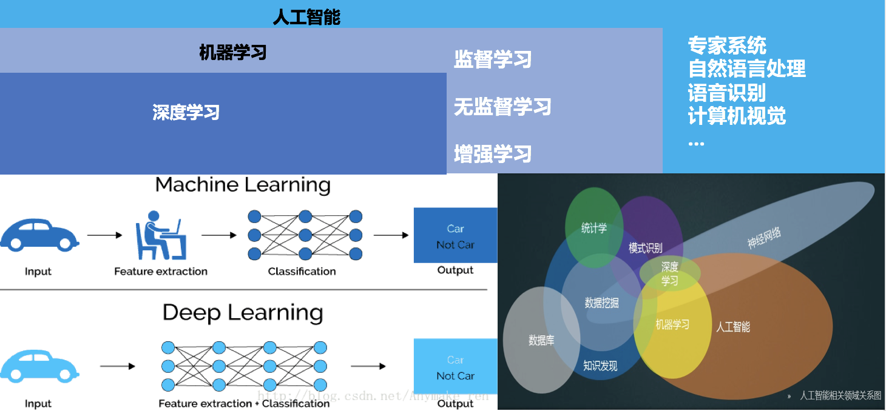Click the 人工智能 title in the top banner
306,16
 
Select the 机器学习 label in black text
233,53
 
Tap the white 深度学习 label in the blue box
186,112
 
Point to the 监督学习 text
492,59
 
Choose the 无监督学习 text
502,107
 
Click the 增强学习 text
492,153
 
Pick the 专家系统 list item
727,45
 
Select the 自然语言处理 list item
746,68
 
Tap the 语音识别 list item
726,92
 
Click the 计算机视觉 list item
737,115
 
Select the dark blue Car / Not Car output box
455,236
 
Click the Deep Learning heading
243,313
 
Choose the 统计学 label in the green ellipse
593,228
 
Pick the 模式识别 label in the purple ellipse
645,248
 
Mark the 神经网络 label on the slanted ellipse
764,238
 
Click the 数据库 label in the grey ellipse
541,340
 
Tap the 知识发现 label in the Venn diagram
600,366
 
